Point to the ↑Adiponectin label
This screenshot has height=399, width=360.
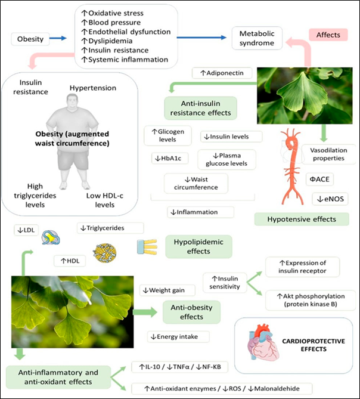coord(221,73)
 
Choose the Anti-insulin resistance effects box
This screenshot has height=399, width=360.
coord(198,107)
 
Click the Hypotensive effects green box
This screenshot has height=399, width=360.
coord(303,219)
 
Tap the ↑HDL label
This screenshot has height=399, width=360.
coord(70,260)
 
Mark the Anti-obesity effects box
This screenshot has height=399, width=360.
coord(191,312)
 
